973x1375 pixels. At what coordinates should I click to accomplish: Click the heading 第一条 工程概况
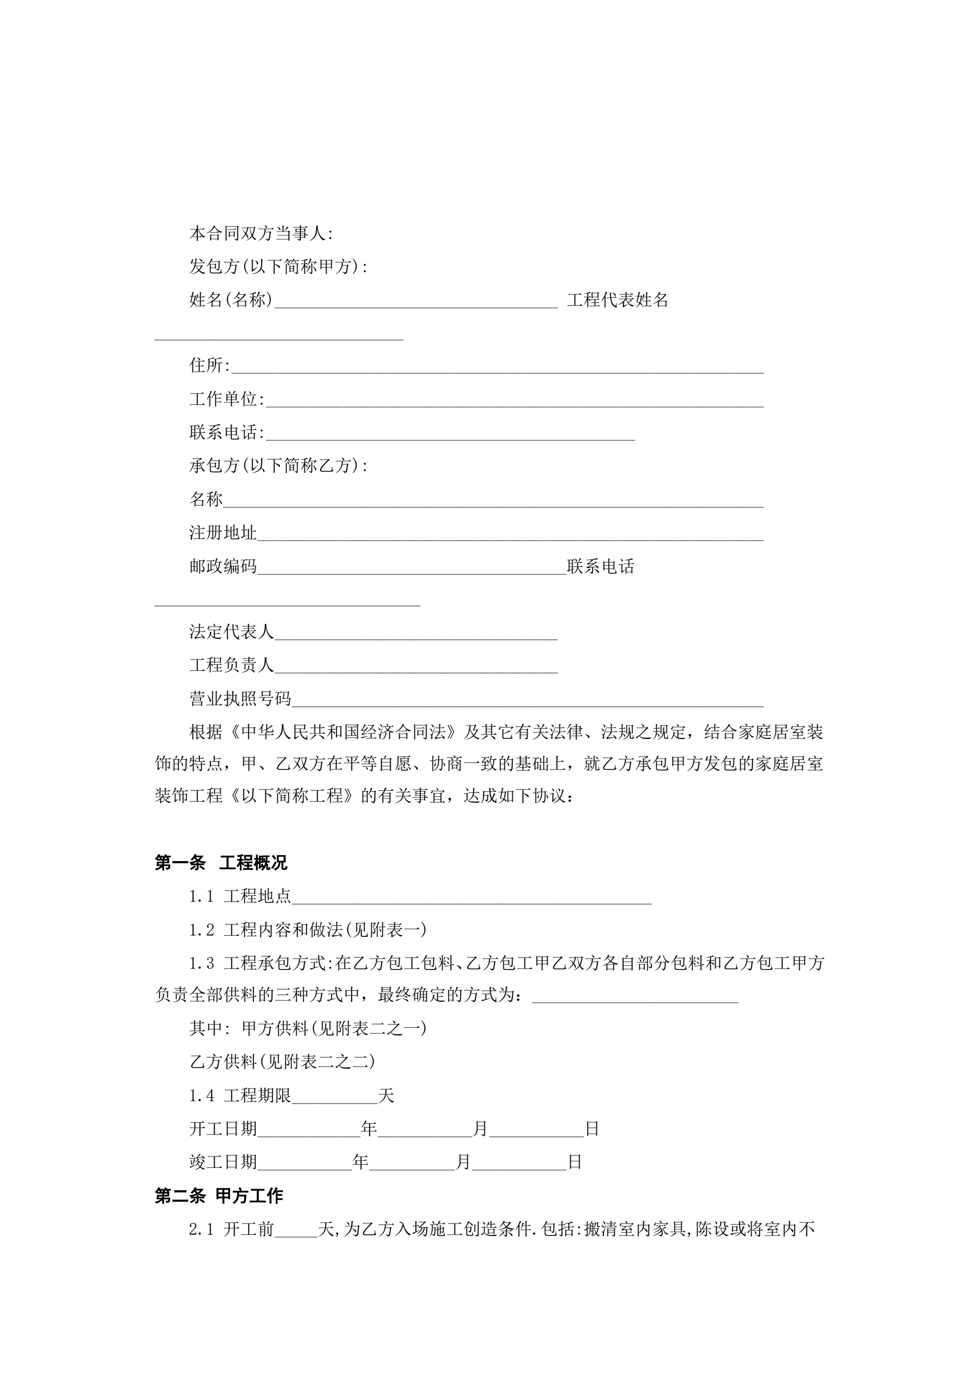pos(220,862)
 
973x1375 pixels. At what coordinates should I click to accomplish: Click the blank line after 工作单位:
pos(514,400)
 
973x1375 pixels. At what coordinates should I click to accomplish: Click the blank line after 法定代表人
pos(416,633)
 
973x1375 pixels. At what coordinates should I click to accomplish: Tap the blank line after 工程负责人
pos(416,667)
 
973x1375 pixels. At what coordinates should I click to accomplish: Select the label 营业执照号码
pos(240,698)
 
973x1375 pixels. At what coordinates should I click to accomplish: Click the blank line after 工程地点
pos(472,898)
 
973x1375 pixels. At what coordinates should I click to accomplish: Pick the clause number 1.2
pos(201,930)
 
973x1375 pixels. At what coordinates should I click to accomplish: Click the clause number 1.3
pos(201,964)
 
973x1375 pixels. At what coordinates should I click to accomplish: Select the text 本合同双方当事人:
pos(261,234)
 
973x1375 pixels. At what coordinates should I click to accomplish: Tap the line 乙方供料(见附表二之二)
pos(282,1062)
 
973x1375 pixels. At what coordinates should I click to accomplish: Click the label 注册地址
pos(223,532)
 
